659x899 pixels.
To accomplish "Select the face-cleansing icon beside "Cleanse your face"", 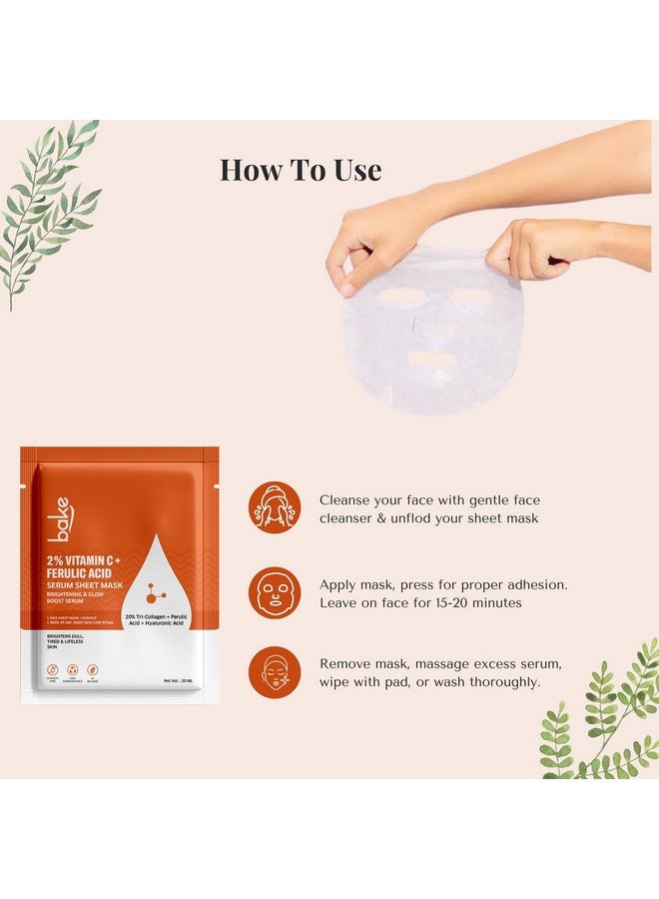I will tap(273, 507).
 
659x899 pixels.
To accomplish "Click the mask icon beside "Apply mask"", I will tap(273, 593).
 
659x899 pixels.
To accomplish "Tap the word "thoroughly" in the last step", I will tap(503, 682).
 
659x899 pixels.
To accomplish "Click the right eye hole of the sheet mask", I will tap(469, 296).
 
